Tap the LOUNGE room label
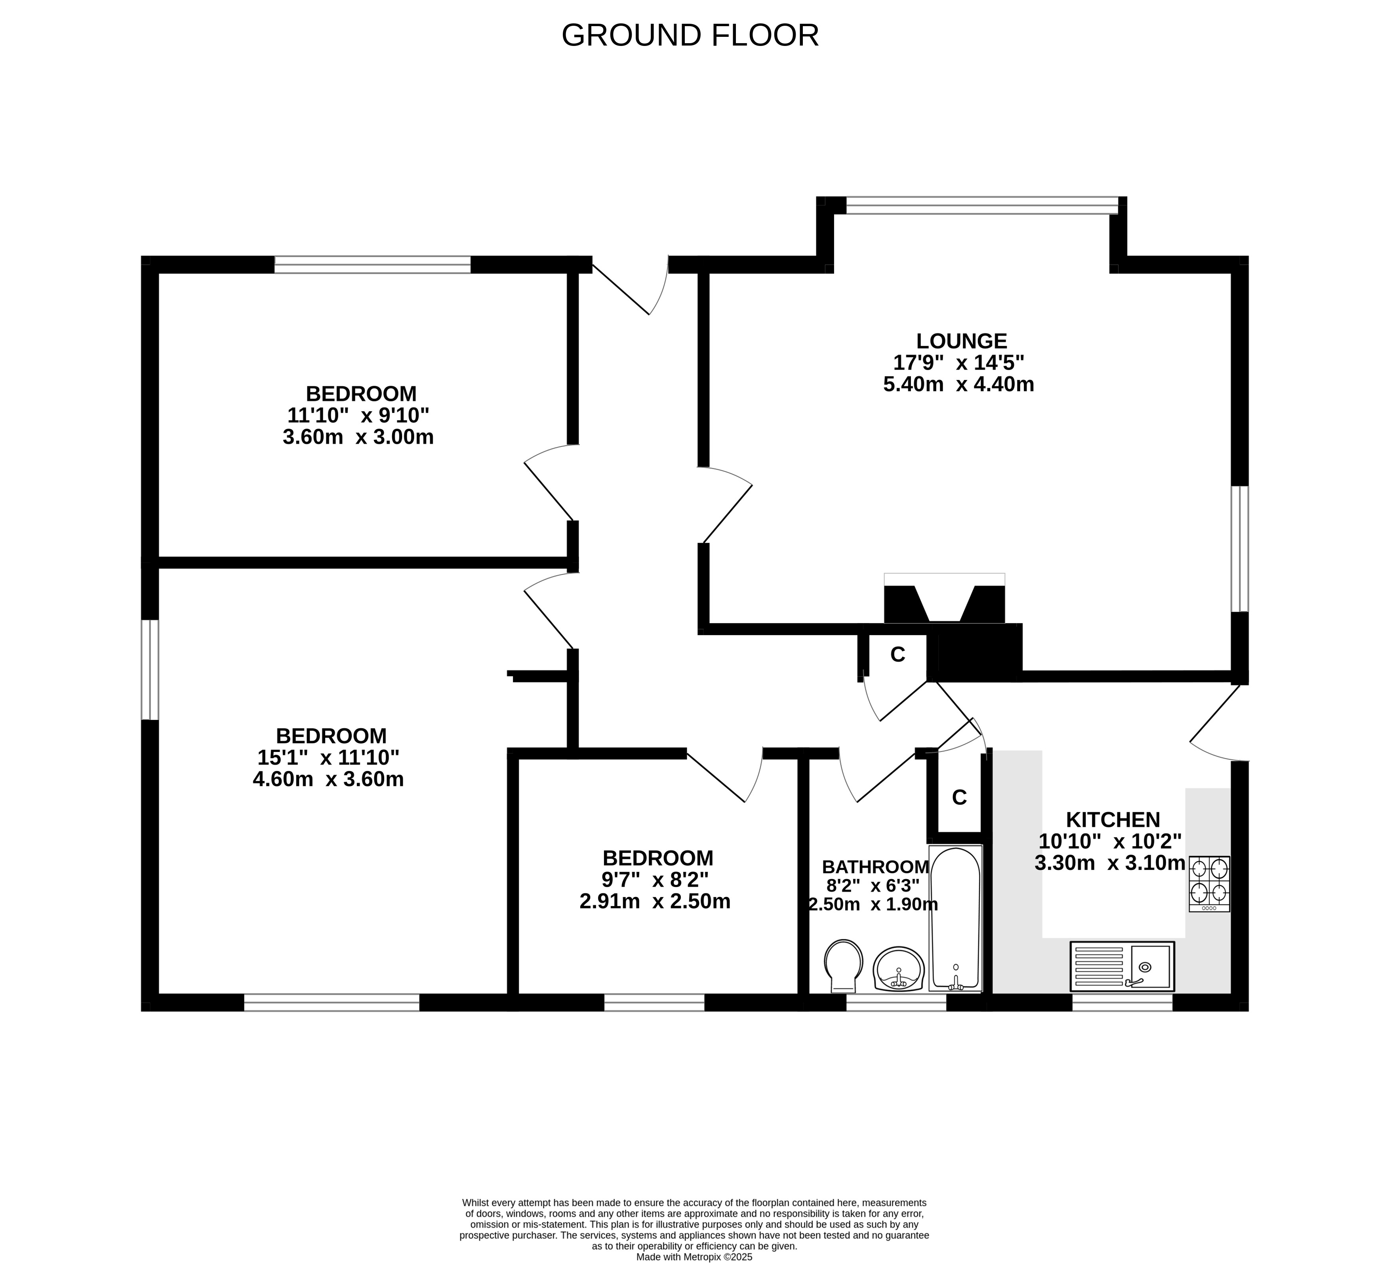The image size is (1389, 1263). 961,341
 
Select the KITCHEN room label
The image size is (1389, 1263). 1113,820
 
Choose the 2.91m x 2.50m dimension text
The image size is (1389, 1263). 655,901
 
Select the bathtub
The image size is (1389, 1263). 955,918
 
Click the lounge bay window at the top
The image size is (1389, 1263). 982,205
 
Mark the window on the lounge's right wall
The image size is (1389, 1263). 1240,548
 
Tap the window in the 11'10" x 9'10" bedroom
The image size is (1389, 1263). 373,265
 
